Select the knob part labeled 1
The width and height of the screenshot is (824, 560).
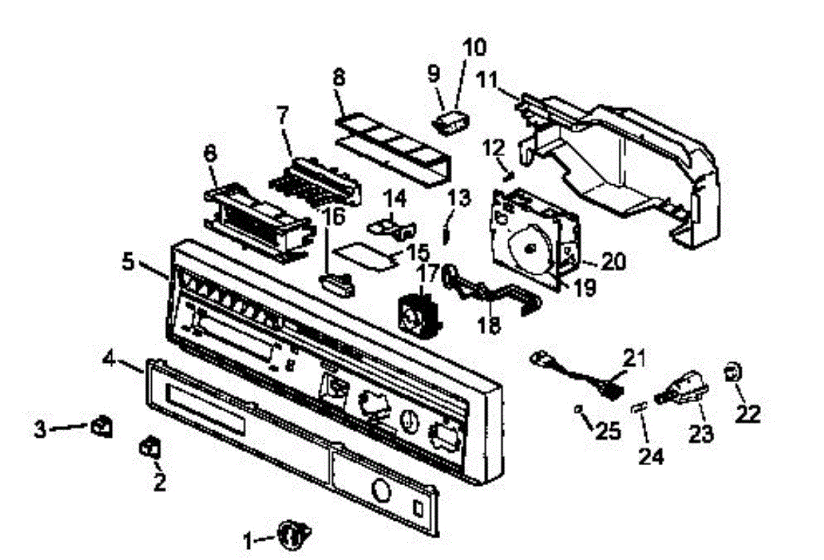click(x=295, y=534)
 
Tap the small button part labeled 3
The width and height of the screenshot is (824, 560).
click(x=101, y=427)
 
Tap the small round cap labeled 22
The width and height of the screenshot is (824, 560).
click(x=732, y=373)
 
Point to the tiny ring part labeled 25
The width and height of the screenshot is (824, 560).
click(x=581, y=410)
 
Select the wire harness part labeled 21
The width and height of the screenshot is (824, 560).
click(x=573, y=370)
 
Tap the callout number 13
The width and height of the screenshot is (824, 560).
click(x=459, y=199)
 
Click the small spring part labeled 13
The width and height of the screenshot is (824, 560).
click(x=447, y=231)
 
